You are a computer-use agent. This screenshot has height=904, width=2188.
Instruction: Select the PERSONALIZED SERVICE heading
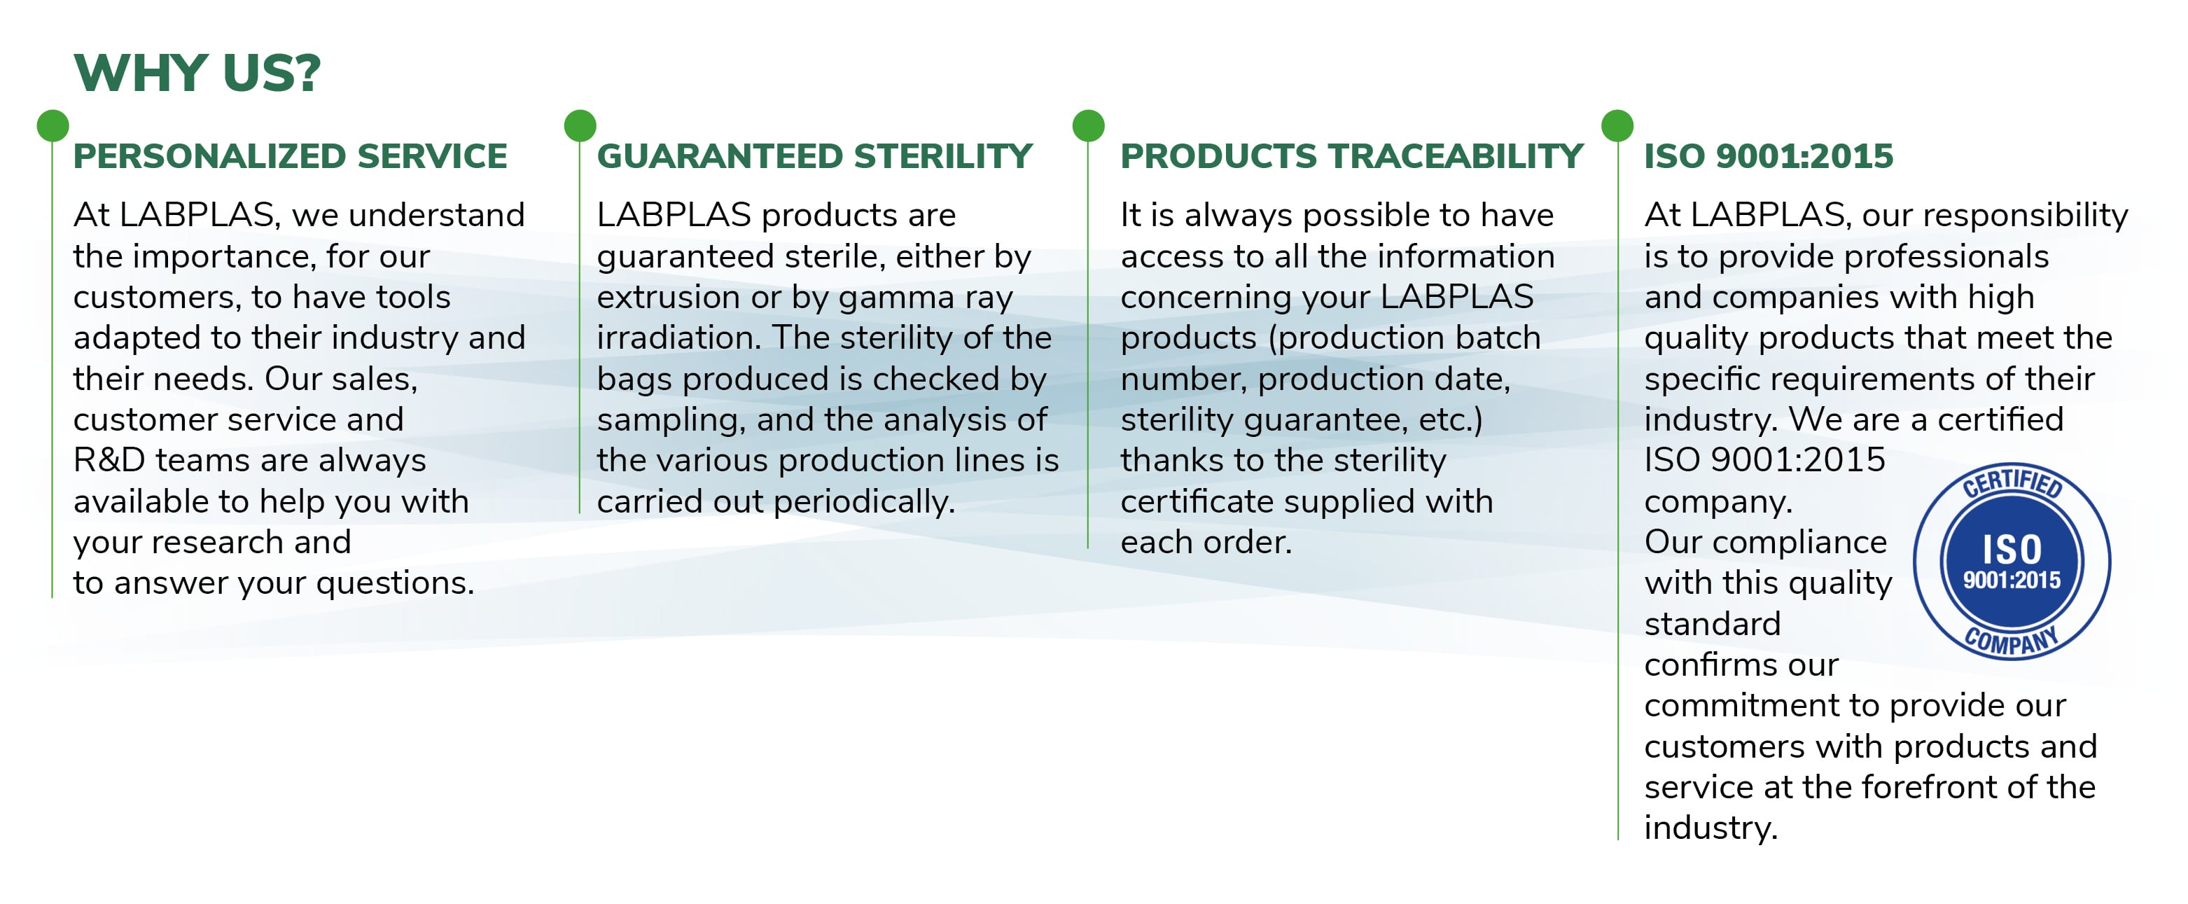[291, 156]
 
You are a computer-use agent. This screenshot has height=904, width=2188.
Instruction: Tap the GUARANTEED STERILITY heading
[814, 156]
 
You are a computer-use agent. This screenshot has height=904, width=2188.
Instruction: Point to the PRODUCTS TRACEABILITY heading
[1352, 156]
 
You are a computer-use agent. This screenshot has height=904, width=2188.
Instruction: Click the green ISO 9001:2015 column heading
[1769, 156]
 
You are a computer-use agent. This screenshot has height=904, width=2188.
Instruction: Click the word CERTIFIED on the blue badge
[2012, 482]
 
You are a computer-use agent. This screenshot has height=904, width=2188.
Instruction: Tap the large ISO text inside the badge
[2012, 550]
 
